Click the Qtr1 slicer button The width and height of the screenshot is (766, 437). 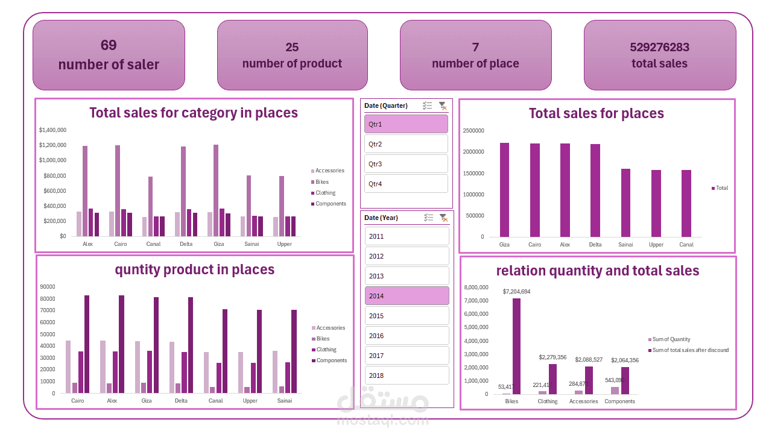(406, 124)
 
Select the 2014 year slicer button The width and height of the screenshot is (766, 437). (407, 296)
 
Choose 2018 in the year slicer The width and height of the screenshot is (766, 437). (407, 376)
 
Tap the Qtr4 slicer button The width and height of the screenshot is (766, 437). (406, 184)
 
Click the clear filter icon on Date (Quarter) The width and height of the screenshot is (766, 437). (443, 106)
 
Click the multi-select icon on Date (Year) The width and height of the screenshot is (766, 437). (428, 218)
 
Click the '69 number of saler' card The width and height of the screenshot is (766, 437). (109, 55)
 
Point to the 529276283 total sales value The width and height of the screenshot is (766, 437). (659, 47)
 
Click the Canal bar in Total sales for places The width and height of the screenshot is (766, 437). (686, 203)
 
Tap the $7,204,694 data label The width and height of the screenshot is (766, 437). (516, 292)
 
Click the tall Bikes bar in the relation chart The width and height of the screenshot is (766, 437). (516, 346)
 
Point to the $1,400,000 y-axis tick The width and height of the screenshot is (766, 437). (52, 130)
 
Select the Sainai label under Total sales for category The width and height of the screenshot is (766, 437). (252, 244)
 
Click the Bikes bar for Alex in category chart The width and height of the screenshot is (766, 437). (85, 190)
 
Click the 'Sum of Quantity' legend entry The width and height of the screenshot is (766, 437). (671, 339)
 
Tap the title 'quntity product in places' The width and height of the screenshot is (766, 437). (194, 270)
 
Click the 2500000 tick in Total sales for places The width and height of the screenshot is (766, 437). (473, 130)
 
